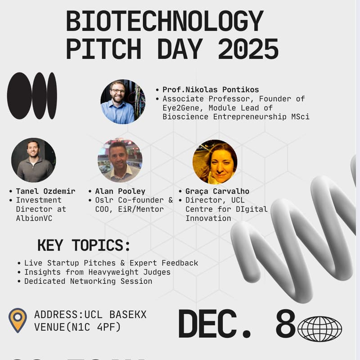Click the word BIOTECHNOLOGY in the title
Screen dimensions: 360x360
click(165, 22)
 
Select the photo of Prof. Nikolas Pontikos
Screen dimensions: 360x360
click(117, 102)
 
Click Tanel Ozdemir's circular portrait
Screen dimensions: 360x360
click(33, 160)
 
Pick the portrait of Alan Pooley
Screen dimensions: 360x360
click(120, 160)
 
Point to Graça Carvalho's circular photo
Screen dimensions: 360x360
click(215, 162)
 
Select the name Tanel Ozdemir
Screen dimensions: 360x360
click(45, 191)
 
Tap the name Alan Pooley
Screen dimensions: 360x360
click(120, 191)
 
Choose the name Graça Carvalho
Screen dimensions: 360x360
click(217, 191)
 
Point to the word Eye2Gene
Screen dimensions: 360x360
click(180, 108)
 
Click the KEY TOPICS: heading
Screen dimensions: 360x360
click(84, 245)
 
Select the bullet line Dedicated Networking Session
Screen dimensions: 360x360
click(88, 281)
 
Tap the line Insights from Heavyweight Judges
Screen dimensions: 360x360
click(97, 272)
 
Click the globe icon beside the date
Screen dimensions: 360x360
click(319, 328)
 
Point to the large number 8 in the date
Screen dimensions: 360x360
click(285, 324)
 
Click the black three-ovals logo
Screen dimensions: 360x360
click(32, 96)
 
